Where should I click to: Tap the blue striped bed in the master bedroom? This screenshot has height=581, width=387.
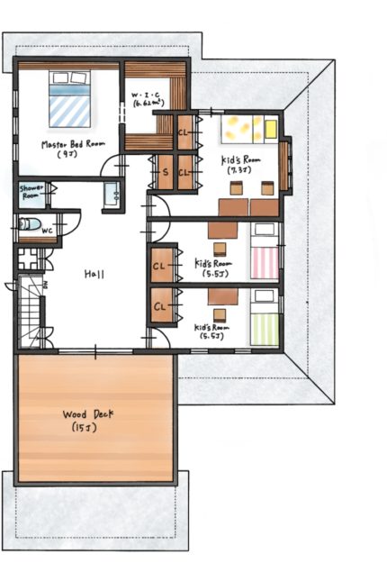tap(70, 98)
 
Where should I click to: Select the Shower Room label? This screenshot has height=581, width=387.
tap(31, 192)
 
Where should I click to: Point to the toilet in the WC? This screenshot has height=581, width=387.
tap(30, 224)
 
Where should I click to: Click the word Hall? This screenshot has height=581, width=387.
tap(94, 274)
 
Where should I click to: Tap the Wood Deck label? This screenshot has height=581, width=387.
tap(88, 414)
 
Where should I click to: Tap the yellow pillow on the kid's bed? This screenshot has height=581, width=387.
tap(272, 129)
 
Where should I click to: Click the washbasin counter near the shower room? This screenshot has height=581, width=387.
tap(112, 195)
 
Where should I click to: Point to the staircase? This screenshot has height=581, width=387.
tap(30, 312)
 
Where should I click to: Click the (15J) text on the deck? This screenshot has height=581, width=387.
tap(85, 428)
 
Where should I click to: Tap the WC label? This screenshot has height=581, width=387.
tap(48, 231)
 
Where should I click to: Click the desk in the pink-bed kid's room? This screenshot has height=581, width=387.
tap(222, 230)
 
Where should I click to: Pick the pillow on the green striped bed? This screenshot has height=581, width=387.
tap(265, 296)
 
